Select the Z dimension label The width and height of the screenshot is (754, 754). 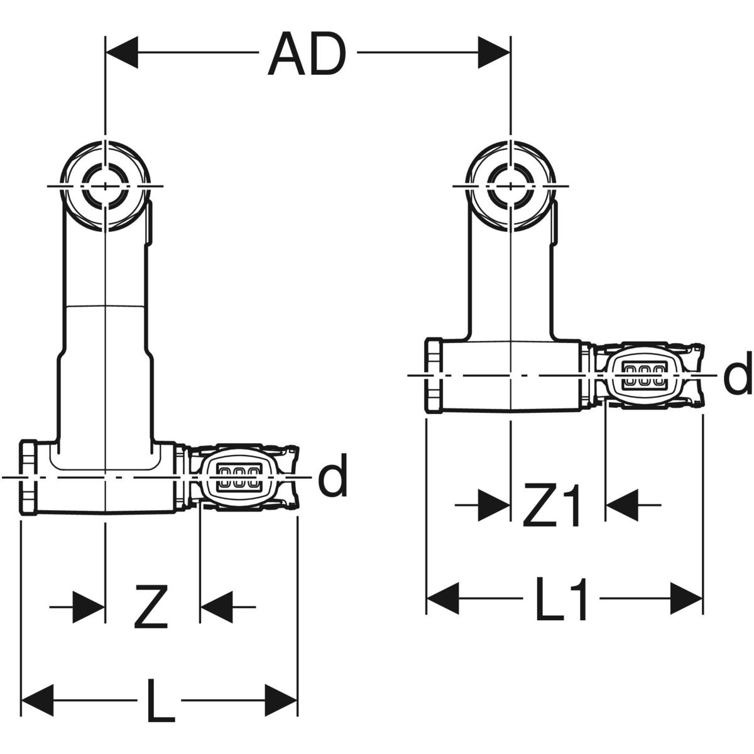pos(151,607)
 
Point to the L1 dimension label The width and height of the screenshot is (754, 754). pos(562,599)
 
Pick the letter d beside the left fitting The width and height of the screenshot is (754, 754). pos(332,478)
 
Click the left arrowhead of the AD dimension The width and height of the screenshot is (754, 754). pos(122,52)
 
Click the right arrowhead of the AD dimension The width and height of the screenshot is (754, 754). pos(494,52)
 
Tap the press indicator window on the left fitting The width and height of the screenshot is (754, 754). pos(238,477)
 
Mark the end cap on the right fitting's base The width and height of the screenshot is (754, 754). pos(434,376)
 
